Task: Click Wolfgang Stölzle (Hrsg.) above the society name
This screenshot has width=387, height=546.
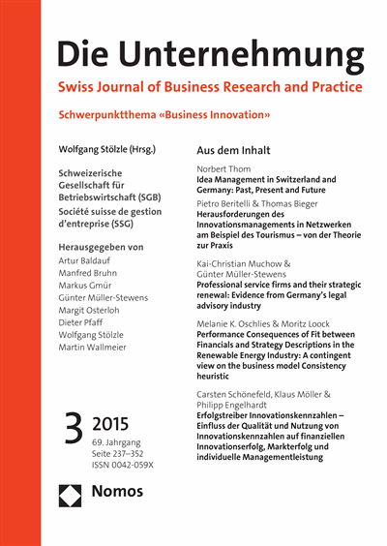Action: [x=107, y=150]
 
